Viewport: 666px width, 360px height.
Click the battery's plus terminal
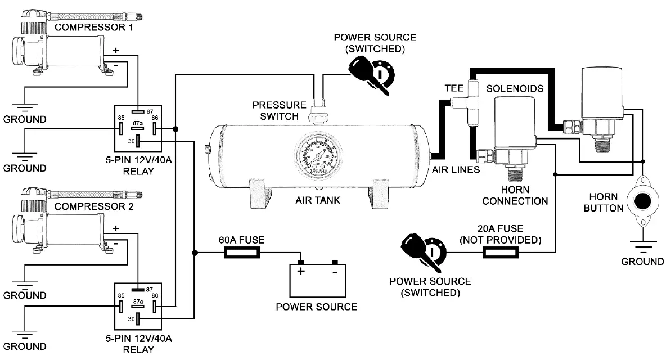[x=301, y=263]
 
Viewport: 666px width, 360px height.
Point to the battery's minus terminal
[x=335, y=263]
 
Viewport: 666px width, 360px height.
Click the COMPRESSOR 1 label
[x=94, y=27]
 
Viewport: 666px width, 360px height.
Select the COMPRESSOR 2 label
[x=94, y=206]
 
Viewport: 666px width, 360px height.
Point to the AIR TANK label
[x=318, y=200]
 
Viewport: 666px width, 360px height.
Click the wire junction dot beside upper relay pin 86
[x=177, y=129]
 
